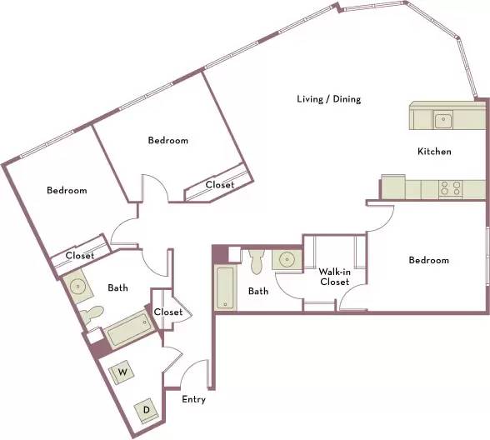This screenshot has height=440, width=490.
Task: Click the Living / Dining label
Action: pyautogui.click(x=328, y=99)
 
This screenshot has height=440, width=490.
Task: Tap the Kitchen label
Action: pyautogui.click(x=434, y=152)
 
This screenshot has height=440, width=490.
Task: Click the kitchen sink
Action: pyautogui.click(x=442, y=120)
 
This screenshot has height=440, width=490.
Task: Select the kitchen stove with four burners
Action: pyautogui.click(x=450, y=188)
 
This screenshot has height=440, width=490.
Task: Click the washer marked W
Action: pyautogui.click(x=122, y=372)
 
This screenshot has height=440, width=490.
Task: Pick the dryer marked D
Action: pyautogui.click(x=147, y=410)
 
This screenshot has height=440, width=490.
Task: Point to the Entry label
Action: pyautogui.click(x=193, y=399)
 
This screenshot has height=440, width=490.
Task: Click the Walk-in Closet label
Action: pyautogui.click(x=334, y=277)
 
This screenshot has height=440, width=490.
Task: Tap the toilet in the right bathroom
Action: pyautogui.click(x=257, y=261)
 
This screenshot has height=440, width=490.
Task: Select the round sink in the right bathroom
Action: pyautogui.click(x=287, y=259)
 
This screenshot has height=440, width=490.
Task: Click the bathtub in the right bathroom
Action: pyautogui.click(x=226, y=287)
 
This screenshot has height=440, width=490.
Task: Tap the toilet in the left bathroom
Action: pyautogui.click(x=91, y=315)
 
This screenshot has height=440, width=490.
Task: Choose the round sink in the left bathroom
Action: pyautogui.click(x=77, y=286)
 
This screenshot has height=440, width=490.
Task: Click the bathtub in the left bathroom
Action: pyautogui.click(x=130, y=330)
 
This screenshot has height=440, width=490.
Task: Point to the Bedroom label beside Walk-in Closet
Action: pyautogui.click(x=428, y=260)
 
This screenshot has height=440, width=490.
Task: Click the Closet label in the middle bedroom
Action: pyautogui.click(x=220, y=185)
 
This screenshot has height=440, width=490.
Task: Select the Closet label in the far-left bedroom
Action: pyautogui.click(x=80, y=256)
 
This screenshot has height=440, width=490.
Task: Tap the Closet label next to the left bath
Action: pyautogui.click(x=168, y=312)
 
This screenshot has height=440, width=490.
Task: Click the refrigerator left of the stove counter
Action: pyautogui.click(x=393, y=187)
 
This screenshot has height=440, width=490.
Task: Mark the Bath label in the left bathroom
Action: pyautogui.click(x=117, y=287)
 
